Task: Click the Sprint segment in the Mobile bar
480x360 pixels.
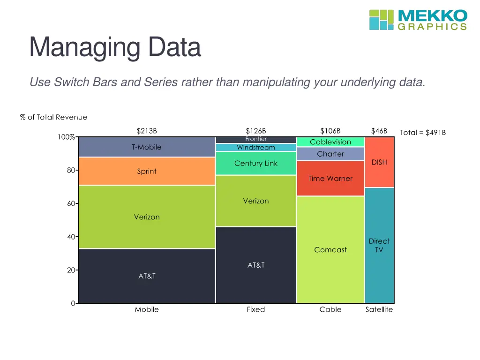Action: pyautogui.click(x=147, y=171)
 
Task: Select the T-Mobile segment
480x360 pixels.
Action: pyautogui.click(x=147, y=147)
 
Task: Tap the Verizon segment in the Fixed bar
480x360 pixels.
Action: pyautogui.click(x=256, y=201)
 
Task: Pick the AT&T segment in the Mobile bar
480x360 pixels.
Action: pyautogui.click(x=147, y=276)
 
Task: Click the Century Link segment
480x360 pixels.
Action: pyautogui.click(x=256, y=163)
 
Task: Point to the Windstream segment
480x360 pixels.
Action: pyautogui.click(x=256, y=148)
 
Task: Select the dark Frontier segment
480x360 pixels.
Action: pyautogui.click(x=256, y=139)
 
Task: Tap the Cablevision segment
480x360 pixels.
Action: pyautogui.click(x=330, y=142)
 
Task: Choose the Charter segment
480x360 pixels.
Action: pyautogui.click(x=330, y=154)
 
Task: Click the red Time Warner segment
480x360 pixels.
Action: pyautogui.click(x=330, y=179)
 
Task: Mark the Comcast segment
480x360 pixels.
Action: pyautogui.click(x=330, y=250)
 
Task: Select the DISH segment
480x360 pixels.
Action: pyautogui.click(x=379, y=162)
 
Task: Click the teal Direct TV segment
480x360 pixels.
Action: pyautogui.click(x=379, y=245)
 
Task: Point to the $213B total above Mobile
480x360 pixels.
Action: pyautogui.click(x=147, y=131)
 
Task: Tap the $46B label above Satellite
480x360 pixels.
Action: pyautogui.click(x=379, y=131)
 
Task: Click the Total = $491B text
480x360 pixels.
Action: pyautogui.click(x=423, y=133)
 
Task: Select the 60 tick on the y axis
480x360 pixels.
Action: pyautogui.click(x=71, y=204)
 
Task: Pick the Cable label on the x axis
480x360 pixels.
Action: pyautogui.click(x=330, y=309)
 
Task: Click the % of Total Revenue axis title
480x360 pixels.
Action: pyautogui.click(x=53, y=117)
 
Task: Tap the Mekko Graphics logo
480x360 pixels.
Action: pyautogui.click(x=418, y=20)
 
